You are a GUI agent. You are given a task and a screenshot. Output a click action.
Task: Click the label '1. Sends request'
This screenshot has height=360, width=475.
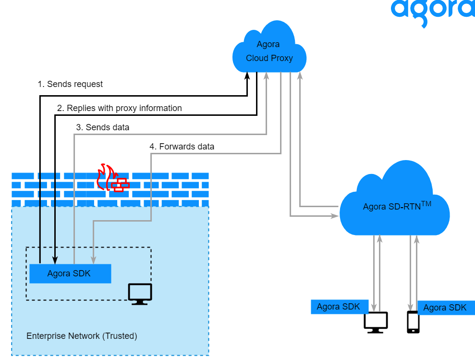click(70, 84)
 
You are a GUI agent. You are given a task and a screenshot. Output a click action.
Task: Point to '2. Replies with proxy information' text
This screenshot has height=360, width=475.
click(119, 108)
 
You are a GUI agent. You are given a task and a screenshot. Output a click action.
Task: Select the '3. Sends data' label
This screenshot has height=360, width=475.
click(102, 127)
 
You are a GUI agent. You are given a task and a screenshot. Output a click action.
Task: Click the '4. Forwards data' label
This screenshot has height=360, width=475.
click(182, 146)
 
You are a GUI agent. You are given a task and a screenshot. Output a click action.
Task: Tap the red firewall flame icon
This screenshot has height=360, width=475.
click(111, 178)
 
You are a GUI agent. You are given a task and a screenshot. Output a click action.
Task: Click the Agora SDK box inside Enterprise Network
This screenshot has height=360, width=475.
click(70, 273)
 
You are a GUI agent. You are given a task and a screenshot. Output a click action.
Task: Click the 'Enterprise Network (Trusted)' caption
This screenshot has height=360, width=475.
click(82, 336)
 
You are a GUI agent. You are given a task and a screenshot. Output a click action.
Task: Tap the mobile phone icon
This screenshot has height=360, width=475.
click(413, 322)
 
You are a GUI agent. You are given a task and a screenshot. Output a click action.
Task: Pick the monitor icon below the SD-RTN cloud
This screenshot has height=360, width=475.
click(376, 322)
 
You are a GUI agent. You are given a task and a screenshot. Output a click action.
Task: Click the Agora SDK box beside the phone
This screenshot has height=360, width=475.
click(446, 308)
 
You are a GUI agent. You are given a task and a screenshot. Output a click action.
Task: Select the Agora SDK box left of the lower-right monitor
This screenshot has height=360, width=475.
click(339, 307)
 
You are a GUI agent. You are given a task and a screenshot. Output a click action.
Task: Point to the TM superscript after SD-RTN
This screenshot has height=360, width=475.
click(426, 204)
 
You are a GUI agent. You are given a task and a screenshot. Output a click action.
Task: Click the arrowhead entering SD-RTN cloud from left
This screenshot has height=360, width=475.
click(335, 216)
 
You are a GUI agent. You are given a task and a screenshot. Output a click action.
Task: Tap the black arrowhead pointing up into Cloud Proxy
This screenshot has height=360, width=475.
click(247, 76)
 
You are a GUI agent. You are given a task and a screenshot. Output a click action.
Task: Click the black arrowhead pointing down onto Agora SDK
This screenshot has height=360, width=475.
click(55, 261)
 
